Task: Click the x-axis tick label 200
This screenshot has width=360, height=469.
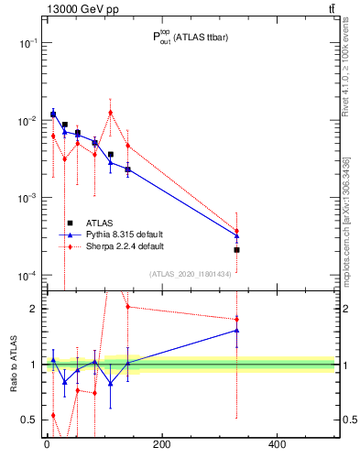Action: point(161,445)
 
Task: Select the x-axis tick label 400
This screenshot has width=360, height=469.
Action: point(277,445)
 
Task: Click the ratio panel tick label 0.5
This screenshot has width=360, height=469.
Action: point(29,420)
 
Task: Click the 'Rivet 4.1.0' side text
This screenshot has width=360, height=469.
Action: point(347,77)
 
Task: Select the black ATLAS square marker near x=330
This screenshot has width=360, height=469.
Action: point(236,249)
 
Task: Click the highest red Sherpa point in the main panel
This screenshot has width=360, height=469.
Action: point(111,113)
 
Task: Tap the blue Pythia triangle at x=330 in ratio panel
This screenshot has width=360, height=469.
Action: point(236,330)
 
